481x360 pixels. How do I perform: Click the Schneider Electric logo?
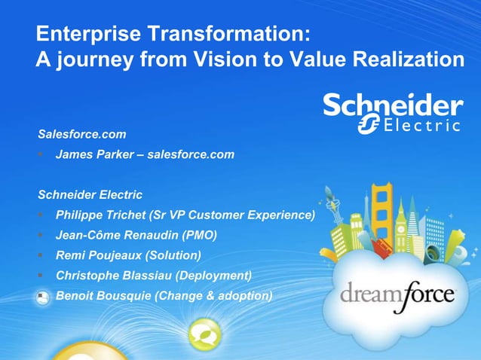pos(393,114)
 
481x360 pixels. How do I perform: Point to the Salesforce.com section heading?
pos(82,135)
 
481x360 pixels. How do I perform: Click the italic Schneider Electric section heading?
pos(90,195)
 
